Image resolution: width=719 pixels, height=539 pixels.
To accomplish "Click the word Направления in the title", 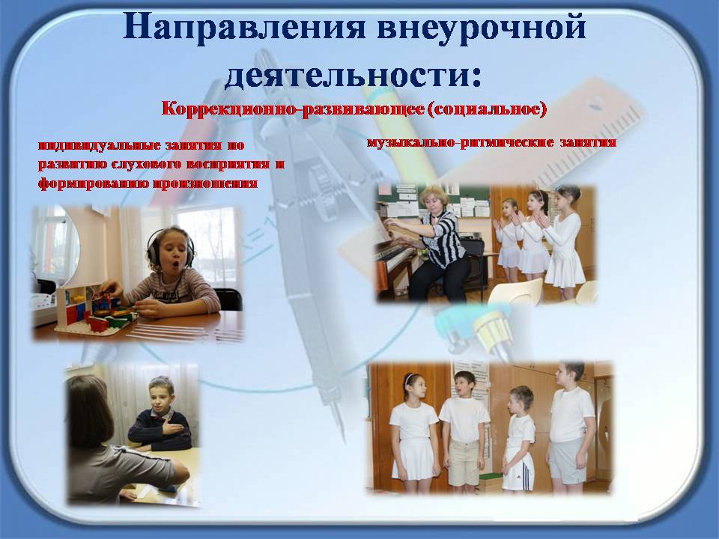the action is pyautogui.click(x=244, y=27).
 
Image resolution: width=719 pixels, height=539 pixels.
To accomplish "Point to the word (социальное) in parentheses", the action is pyautogui.click(x=487, y=109).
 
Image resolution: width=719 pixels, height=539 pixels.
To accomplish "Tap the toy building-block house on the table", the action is pyautogui.click(x=94, y=308).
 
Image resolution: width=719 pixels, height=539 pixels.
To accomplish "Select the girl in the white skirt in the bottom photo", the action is pyautogui.click(x=413, y=427).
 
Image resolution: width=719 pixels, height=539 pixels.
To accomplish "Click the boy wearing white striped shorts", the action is pyautogui.click(x=519, y=438).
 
